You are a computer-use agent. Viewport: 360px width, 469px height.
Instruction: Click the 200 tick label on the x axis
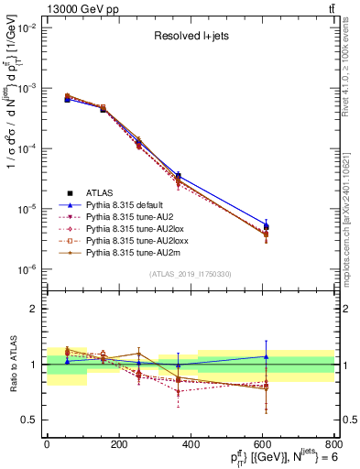[118, 444]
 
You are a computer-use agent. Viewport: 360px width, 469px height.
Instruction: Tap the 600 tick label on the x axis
[262, 444]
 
